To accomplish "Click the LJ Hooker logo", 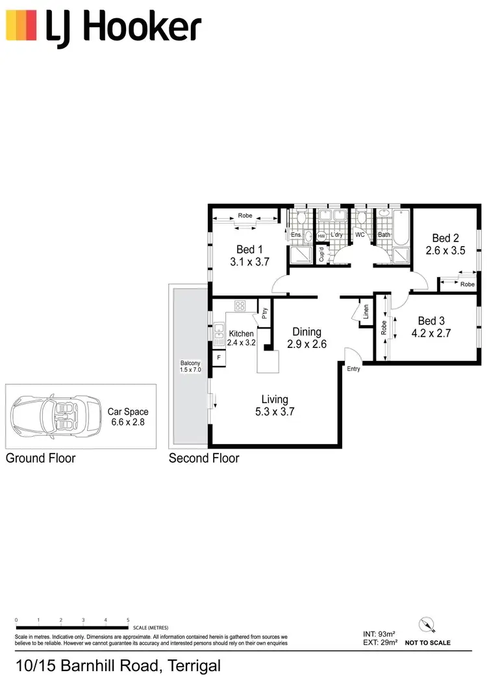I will (x=104, y=27).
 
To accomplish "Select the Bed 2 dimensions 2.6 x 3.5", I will (x=445, y=251).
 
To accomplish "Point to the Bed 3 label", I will (x=432, y=321).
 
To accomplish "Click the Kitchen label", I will (x=241, y=334).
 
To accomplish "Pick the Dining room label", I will (x=306, y=332).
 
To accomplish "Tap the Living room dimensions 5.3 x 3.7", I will (x=275, y=411).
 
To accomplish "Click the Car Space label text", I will (x=128, y=412).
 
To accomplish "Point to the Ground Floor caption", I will (x=41, y=458).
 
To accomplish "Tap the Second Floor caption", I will (x=204, y=458).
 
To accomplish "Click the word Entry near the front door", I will (x=353, y=369).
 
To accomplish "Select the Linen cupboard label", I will (x=366, y=312).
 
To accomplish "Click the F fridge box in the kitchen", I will (x=219, y=357).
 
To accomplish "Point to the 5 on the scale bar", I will (x=128, y=620).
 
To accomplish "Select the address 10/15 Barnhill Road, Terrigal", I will (x=119, y=666).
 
